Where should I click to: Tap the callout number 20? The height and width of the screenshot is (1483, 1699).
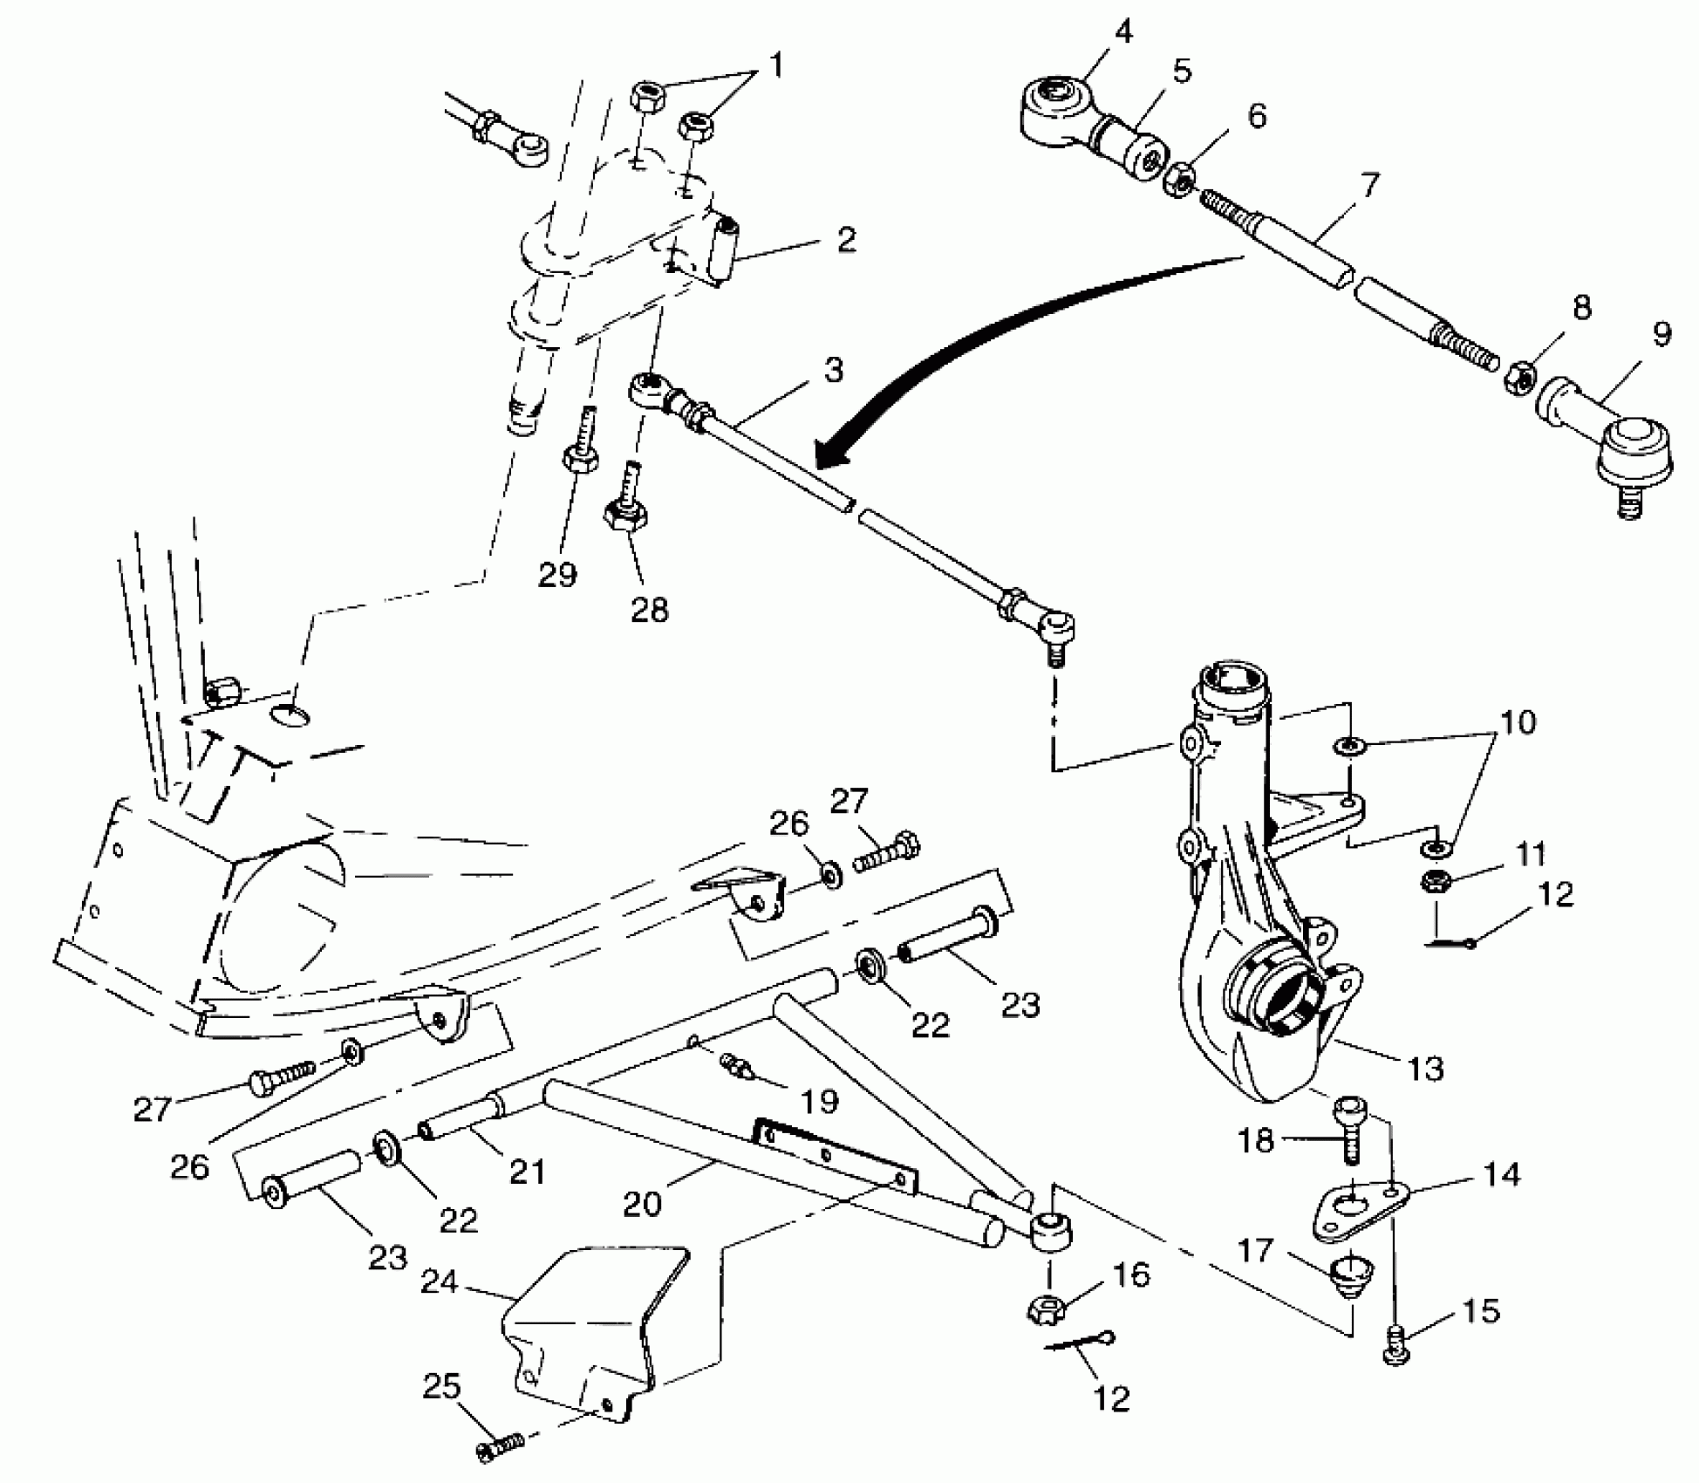pos(643,1205)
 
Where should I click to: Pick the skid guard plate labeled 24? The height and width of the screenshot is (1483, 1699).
pos(584,1335)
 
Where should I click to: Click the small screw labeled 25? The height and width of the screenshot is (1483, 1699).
pos(498,1449)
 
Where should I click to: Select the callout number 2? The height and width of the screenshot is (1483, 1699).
pos(845,240)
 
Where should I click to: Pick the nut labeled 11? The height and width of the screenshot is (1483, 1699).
pos(1433,881)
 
